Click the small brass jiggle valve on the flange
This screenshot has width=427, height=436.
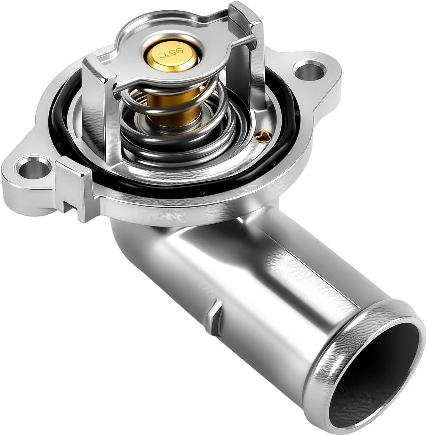264,137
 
